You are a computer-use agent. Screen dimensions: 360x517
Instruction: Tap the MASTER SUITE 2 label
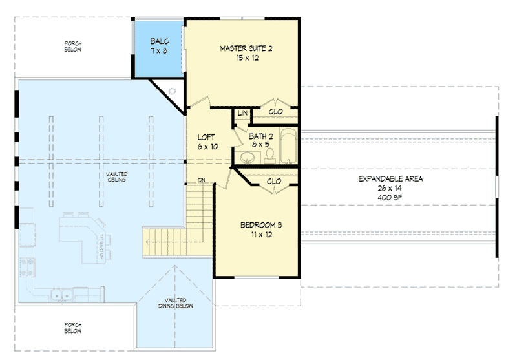point(242,52)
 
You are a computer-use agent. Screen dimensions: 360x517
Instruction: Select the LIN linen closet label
point(242,113)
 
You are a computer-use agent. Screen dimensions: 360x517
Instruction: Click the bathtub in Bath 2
point(290,147)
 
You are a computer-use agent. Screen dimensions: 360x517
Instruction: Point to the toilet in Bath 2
point(271,154)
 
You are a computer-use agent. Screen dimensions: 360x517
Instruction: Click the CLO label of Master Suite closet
point(275,112)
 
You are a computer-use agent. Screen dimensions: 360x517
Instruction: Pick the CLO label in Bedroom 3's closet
point(274,182)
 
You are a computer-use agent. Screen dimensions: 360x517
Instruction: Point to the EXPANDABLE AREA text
point(391,178)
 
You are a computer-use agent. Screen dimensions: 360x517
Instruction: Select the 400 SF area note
point(391,196)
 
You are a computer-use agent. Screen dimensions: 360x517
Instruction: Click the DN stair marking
point(202,181)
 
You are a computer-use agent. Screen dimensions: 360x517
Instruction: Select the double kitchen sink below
point(63,297)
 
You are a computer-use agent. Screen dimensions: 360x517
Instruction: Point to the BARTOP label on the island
point(102,246)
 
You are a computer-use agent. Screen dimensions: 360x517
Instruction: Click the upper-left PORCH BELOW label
point(72,47)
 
